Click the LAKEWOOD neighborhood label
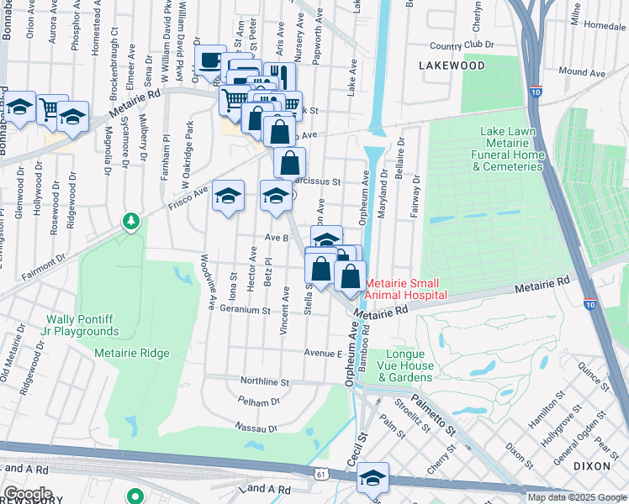click(x=454, y=65)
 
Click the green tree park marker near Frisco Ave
click(x=130, y=222)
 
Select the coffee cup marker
click(x=210, y=60)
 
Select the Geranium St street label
click(x=244, y=310)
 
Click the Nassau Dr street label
click(x=257, y=428)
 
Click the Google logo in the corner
click(x=28, y=494)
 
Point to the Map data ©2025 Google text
click(x=576, y=497)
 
